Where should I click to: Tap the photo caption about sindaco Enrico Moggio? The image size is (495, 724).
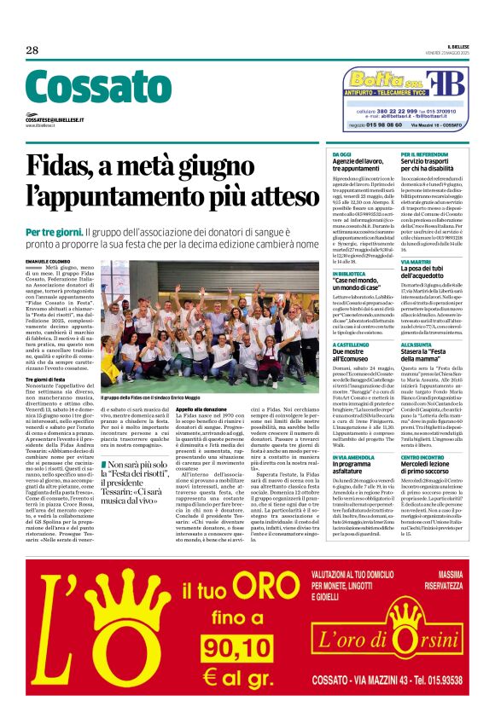coord(151,398)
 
